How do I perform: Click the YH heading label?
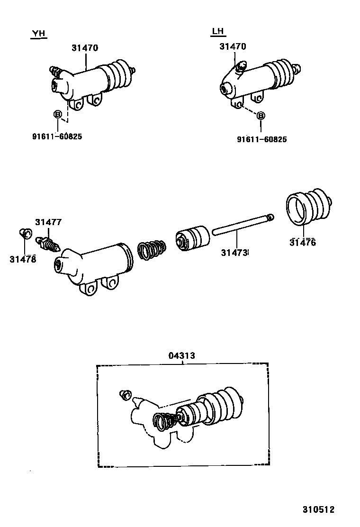point(38,33)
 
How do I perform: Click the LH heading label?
point(217,32)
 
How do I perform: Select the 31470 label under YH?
point(85,48)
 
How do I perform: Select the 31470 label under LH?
point(233,46)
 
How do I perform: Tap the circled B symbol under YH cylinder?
point(57,114)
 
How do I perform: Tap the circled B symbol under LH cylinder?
point(261,116)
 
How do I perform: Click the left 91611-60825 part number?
point(57,136)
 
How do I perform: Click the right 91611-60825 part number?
point(261,139)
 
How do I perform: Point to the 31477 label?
point(48,222)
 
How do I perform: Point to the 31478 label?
point(22,259)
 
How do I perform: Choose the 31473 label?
point(234,253)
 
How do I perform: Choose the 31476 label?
point(302,243)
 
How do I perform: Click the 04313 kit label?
point(181,355)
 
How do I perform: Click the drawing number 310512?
point(318,509)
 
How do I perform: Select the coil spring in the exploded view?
point(152,248)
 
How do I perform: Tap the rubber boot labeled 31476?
point(309,208)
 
